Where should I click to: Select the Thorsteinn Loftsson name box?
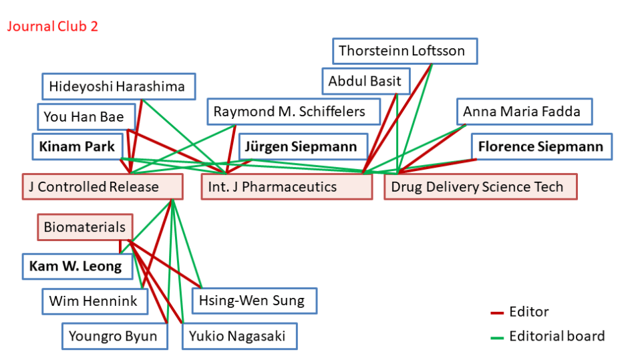pyautogui.click(x=406, y=51)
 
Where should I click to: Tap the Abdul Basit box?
pyautogui.click(x=365, y=81)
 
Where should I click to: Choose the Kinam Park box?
pyautogui.click(x=77, y=146)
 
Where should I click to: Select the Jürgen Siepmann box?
pyautogui.click(x=305, y=146)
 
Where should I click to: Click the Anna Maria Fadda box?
pyautogui.click(x=524, y=112)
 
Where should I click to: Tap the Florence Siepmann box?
pyautogui.click(x=540, y=147)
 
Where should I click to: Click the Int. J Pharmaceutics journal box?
pyautogui.click(x=287, y=187)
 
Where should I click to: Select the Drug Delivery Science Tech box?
pyautogui.click(x=480, y=187)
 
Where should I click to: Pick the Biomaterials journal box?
pyautogui.click(x=85, y=228)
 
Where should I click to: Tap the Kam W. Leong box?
pyautogui.click(x=75, y=266)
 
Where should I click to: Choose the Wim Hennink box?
pyautogui.click(x=93, y=301)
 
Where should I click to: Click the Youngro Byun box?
pyautogui.click(x=112, y=336)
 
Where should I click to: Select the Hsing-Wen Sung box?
pyautogui.click(x=254, y=301)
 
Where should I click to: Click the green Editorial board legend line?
pyautogui.click(x=496, y=337)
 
